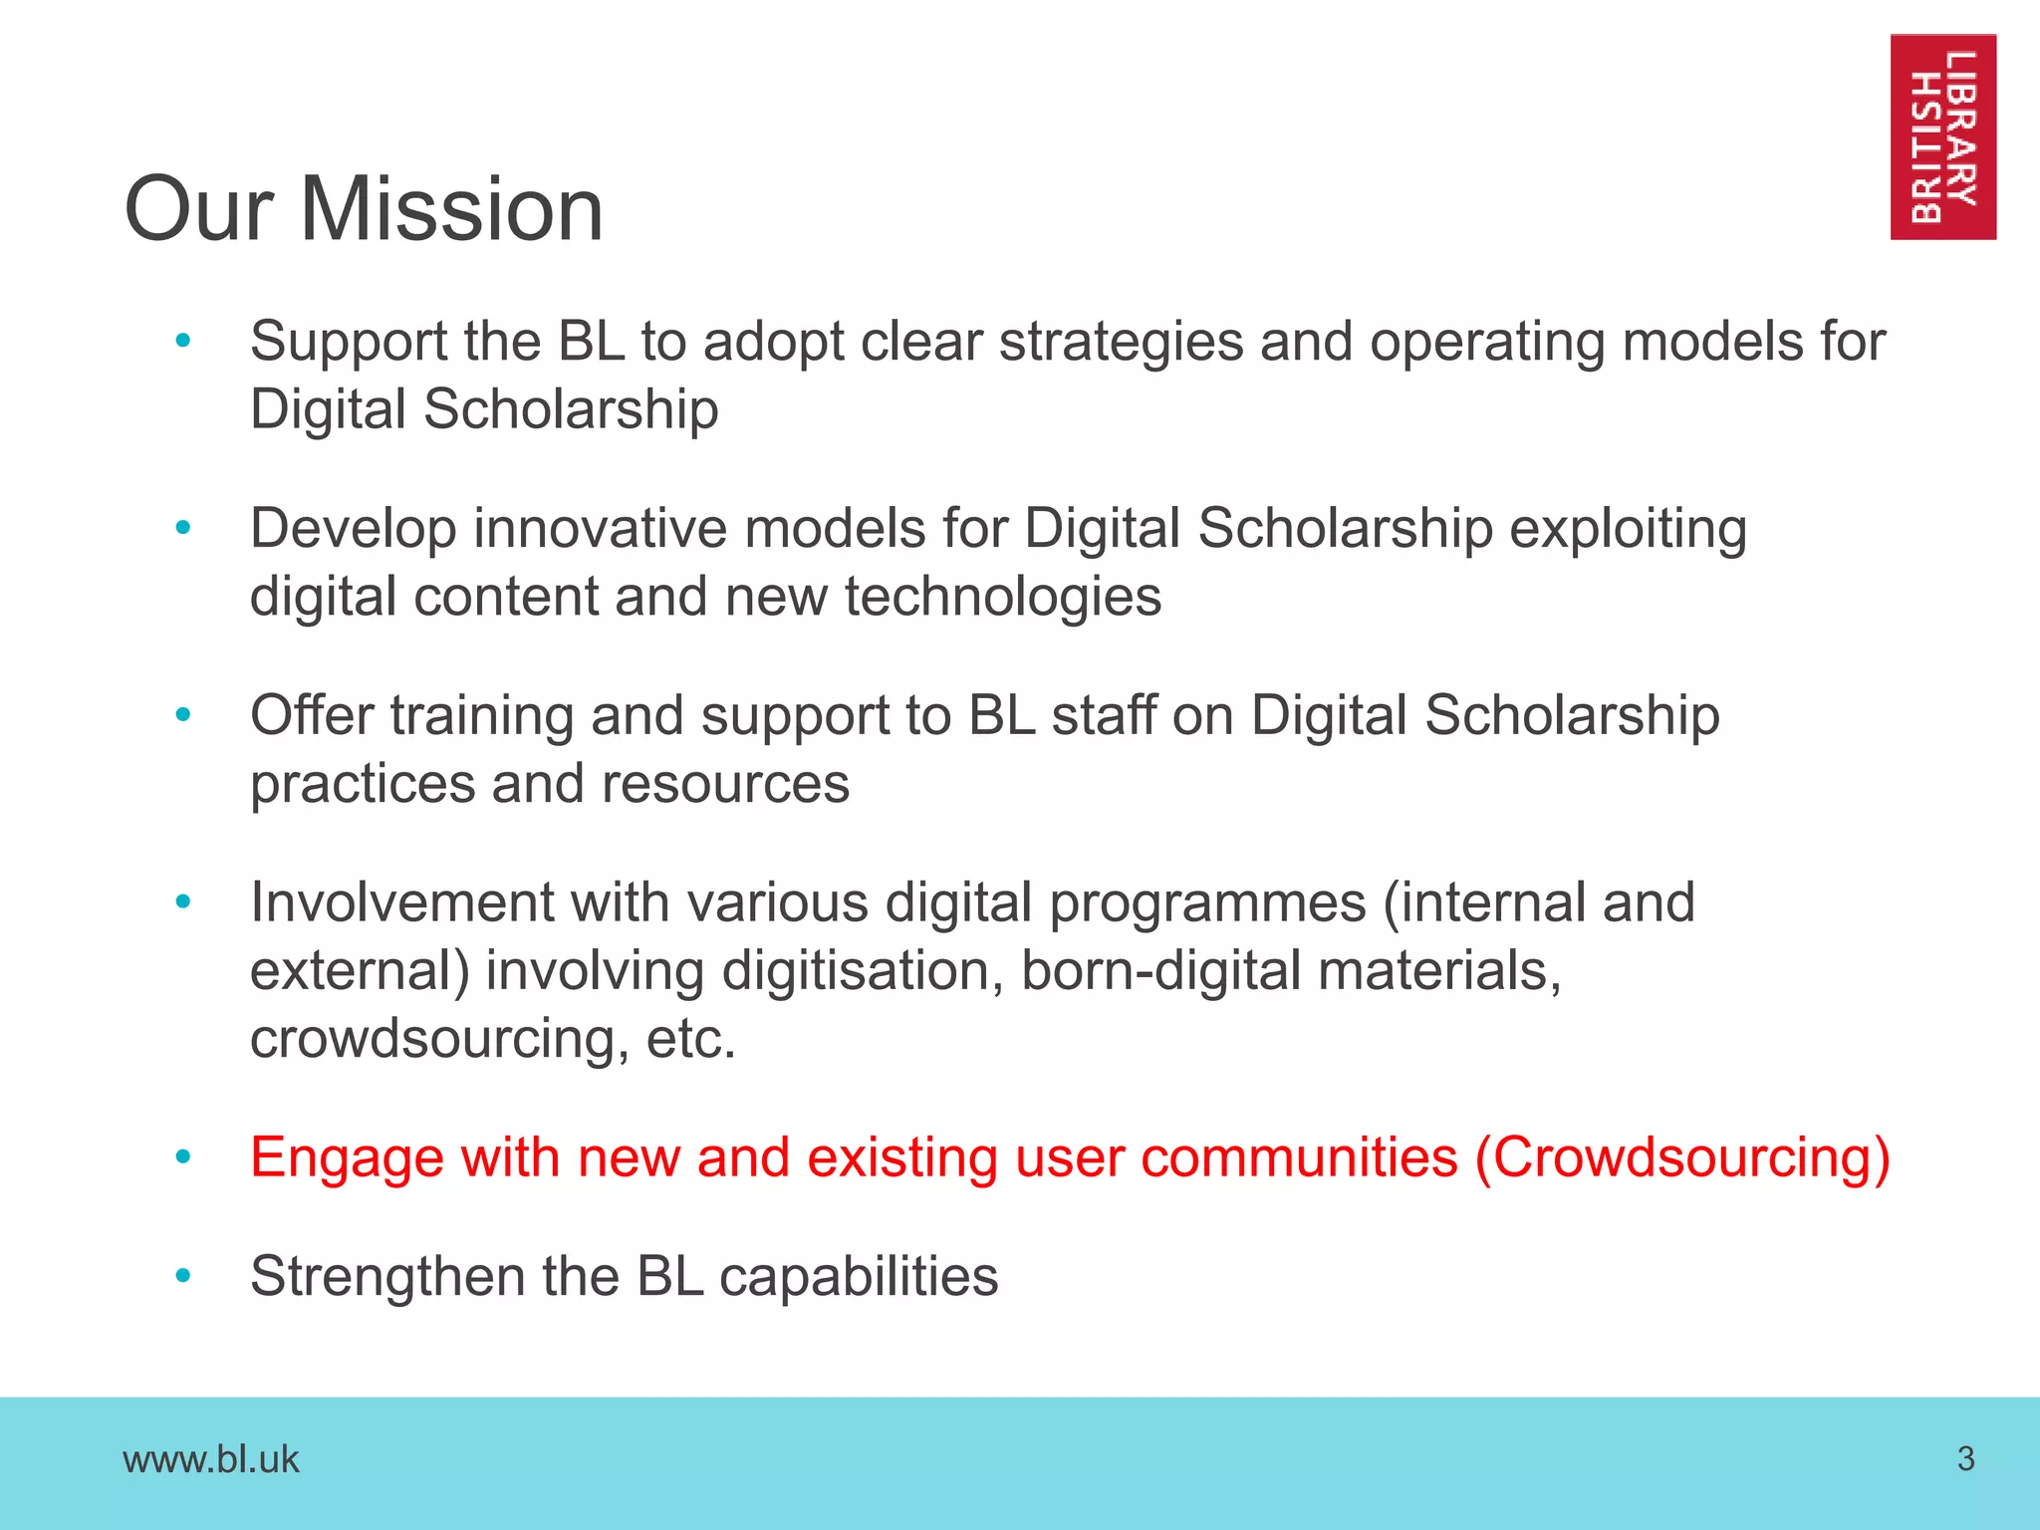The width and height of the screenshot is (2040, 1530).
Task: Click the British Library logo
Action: [x=1942, y=136]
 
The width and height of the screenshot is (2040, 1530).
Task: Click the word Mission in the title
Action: [x=451, y=209]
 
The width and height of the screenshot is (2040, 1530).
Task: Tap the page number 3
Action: [x=1965, y=1458]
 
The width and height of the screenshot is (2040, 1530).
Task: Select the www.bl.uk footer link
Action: [x=210, y=1459]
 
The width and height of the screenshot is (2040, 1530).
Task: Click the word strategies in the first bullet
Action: [x=1121, y=343]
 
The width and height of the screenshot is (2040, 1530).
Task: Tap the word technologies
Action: [x=1003, y=597]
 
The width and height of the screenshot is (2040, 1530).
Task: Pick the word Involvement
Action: [x=401, y=902]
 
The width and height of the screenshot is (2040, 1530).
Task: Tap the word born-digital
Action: [x=1160, y=970]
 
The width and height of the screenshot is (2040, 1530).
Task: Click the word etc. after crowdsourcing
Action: [x=690, y=1038]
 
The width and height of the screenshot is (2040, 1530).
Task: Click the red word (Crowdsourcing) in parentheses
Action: [x=1682, y=1157]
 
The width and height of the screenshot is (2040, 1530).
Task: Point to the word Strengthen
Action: [x=387, y=1276]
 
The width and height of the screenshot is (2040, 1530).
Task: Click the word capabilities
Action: [x=859, y=1277]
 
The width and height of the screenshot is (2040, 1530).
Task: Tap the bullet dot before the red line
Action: [x=182, y=1157]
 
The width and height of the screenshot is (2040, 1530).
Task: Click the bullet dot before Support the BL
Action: [x=182, y=342]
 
